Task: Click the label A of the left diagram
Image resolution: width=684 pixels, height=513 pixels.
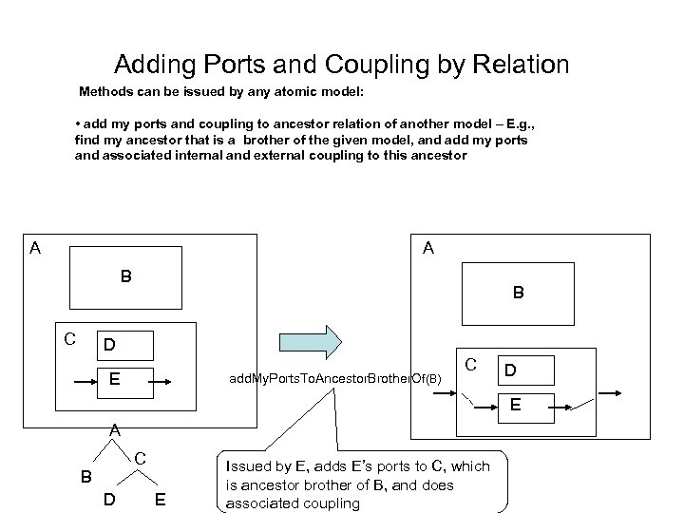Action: (35, 249)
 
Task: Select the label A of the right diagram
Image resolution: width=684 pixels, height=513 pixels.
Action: (428, 249)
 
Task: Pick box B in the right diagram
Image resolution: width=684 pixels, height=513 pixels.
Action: (517, 294)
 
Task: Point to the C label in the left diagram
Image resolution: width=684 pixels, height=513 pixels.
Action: (69, 338)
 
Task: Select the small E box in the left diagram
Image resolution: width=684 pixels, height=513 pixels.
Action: (114, 379)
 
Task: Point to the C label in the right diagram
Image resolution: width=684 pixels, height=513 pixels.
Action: (470, 363)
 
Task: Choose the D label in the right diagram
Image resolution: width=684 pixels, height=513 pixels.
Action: (511, 367)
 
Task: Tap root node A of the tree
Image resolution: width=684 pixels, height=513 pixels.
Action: (114, 429)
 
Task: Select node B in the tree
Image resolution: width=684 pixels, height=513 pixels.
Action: (85, 475)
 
